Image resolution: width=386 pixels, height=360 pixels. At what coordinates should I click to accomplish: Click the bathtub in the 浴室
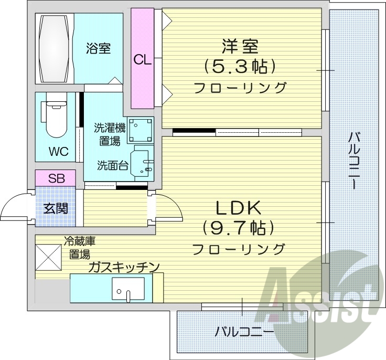point(54,48)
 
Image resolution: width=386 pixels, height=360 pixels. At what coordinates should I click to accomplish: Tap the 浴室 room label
point(98,48)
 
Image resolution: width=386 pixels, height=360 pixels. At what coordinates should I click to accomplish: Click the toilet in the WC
point(54,119)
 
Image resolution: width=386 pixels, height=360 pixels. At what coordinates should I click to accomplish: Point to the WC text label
point(58,152)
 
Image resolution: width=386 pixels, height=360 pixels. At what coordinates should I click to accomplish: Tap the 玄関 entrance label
point(55,208)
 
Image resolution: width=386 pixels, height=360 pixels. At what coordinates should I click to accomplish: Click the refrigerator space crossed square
point(48,258)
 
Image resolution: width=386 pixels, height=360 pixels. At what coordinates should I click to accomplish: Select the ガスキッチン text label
point(123,267)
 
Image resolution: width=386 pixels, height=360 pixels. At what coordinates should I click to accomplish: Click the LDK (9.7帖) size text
point(239,227)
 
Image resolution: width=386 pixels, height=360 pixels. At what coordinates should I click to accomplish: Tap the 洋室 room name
point(240,47)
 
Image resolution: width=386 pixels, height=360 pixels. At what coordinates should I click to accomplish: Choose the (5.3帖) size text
point(240,67)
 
